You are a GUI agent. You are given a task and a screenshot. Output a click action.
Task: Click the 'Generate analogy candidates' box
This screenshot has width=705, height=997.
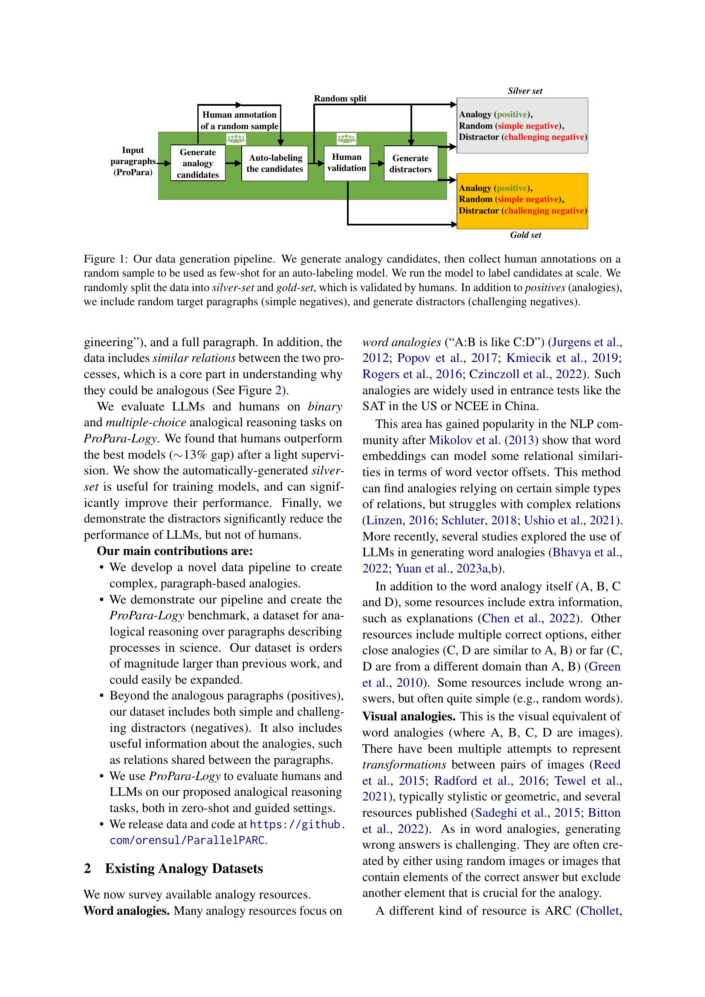(197, 163)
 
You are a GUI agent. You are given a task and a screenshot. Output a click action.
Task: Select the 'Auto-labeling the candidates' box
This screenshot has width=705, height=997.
(274, 163)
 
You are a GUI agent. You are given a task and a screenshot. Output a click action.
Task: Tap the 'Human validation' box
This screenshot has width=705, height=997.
(347, 163)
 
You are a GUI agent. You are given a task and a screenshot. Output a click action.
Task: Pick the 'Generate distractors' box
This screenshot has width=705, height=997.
(410, 164)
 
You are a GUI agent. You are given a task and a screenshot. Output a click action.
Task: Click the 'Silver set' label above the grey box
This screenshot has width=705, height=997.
(525, 91)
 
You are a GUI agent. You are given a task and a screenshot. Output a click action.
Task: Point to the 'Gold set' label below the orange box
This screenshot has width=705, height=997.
(525, 235)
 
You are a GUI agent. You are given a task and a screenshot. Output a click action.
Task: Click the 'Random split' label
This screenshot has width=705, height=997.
(340, 98)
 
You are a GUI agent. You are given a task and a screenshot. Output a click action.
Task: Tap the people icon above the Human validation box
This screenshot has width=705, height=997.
(347, 139)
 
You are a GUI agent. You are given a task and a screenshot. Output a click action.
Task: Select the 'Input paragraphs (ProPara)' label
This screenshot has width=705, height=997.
(133, 161)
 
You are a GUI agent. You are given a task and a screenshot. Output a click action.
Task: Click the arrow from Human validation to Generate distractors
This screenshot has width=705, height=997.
(377, 163)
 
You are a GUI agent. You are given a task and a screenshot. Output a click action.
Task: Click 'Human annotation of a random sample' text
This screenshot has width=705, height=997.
(239, 120)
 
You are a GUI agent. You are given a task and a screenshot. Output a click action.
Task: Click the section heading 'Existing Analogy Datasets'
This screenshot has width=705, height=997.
(184, 868)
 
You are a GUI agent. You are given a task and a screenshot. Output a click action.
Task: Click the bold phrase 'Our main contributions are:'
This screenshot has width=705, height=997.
(174, 551)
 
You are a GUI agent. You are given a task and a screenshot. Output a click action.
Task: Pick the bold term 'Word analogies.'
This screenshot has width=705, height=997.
(126, 910)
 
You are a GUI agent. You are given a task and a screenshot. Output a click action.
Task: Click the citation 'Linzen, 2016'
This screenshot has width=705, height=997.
(400, 520)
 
